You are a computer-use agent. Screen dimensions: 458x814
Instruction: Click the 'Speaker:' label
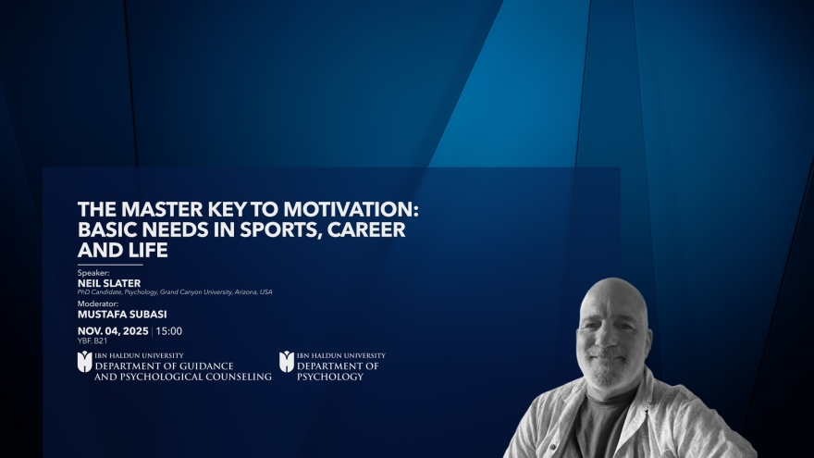point(93,273)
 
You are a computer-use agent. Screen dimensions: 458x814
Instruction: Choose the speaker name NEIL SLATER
point(109,282)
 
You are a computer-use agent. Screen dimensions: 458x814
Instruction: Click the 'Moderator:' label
point(98,303)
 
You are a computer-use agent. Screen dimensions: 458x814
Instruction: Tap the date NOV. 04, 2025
point(113,330)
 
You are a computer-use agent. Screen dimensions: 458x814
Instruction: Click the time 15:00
point(169,330)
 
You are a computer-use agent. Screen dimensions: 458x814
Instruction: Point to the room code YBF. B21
point(92,340)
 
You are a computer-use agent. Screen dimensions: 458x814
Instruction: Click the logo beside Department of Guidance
point(85,362)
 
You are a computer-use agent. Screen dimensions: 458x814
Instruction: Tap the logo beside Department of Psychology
point(287,362)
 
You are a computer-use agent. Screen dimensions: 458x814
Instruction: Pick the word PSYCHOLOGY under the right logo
point(330,377)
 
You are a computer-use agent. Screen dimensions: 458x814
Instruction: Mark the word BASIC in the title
point(110,229)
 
